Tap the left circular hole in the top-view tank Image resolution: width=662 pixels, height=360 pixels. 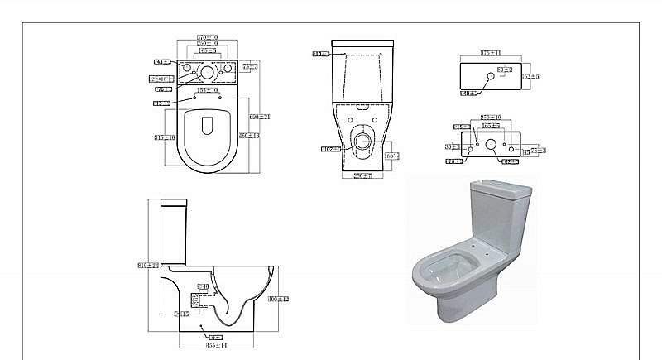[x=186, y=68]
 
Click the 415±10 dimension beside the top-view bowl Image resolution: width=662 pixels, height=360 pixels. [x=164, y=137]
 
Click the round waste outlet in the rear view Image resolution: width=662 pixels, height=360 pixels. [x=362, y=140]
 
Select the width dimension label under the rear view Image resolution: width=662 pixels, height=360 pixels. [x=361, y=176]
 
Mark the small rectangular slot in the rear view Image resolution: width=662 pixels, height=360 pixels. [x=362, y=109]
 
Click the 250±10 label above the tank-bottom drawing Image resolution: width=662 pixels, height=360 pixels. [x=491, y=118]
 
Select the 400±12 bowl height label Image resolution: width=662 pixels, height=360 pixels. [x=284, y=298]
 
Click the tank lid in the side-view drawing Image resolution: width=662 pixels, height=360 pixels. [x=172, y=203]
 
